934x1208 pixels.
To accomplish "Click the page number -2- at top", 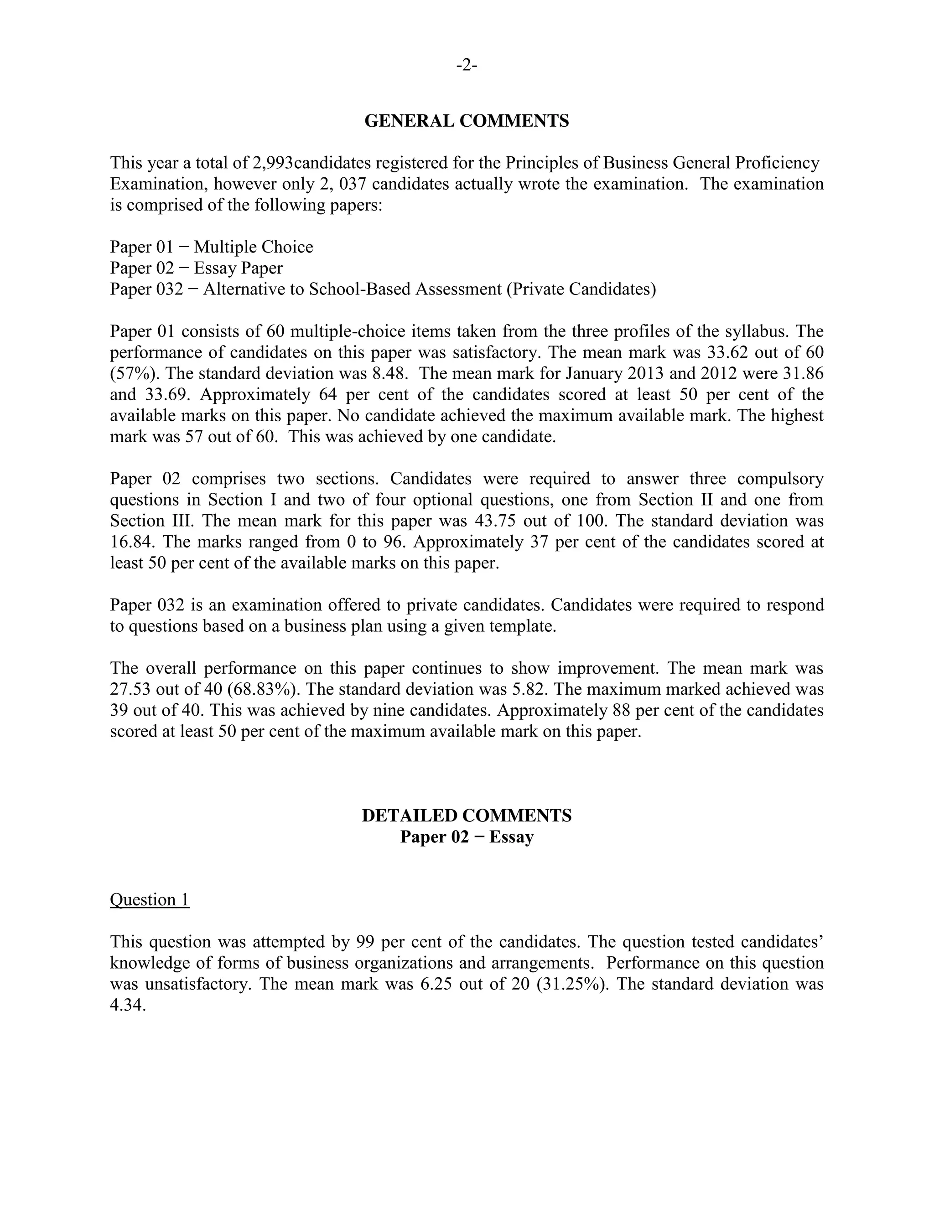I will [x=467, y=65].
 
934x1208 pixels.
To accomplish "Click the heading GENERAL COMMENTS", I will [x=467, y=121].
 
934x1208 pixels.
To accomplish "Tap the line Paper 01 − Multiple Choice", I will [x=211, y=247].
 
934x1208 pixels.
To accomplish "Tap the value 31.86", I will [x=804, y=374].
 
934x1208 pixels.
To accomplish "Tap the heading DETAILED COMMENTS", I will [x=467, y=816].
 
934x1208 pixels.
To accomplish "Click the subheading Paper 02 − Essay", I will [x=467, y=837].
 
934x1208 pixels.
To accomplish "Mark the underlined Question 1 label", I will [x=150, y=900].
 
